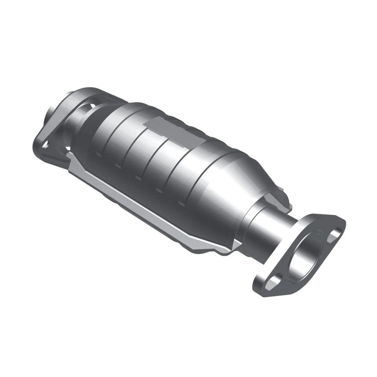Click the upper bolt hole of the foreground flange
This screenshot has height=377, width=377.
tap(334, 234)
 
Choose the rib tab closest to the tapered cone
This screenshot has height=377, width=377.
tap(181, 204)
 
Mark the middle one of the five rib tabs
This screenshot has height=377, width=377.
tap(138, 178)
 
